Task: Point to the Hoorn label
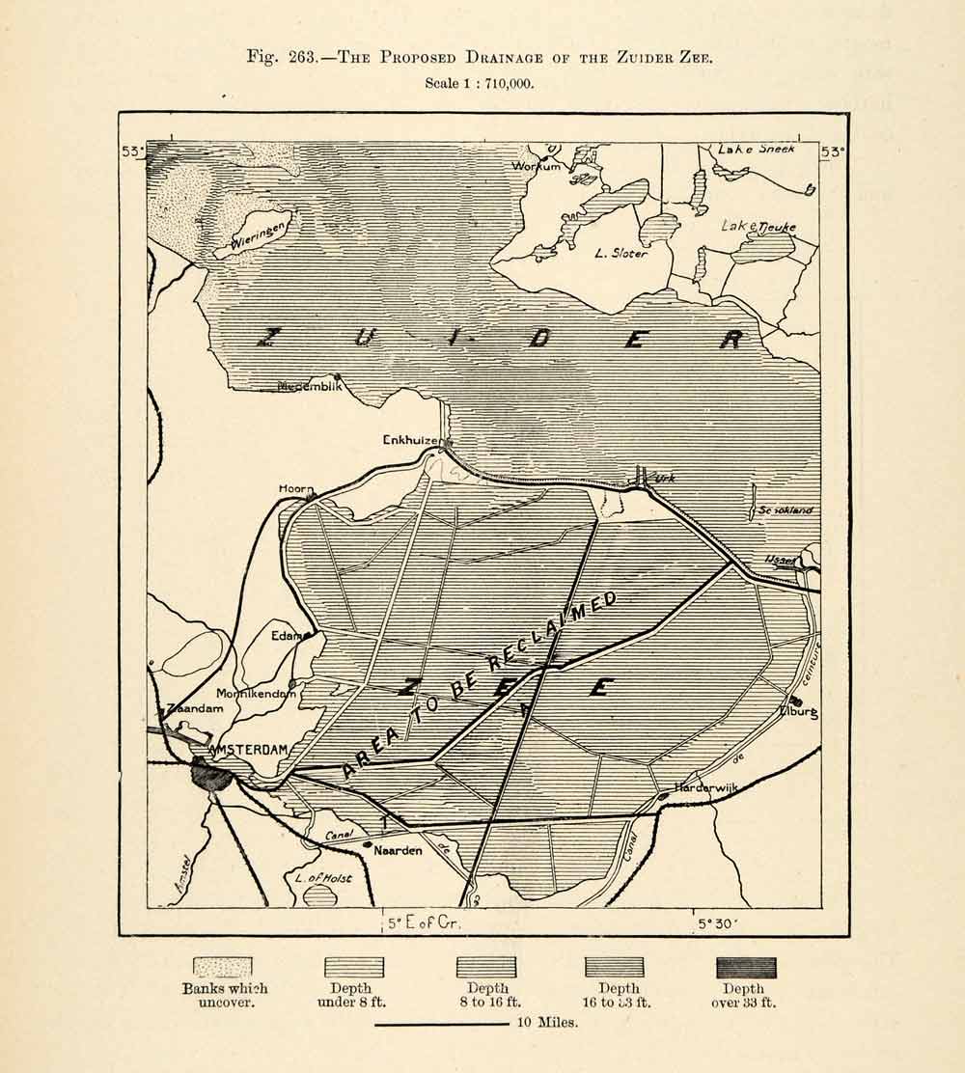coord(296,489)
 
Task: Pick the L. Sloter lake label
coord(620,254)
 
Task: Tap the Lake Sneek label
coord(757,150)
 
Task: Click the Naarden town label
coord(397,851)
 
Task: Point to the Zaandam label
coord(195,708)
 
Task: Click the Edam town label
coord(287,635)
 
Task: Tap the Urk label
coord(665,478)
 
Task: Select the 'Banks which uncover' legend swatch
coord(223,967)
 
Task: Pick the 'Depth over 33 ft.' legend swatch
coord(745,967)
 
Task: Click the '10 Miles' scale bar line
coord(441,1024)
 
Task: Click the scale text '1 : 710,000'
coord(479,84)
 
